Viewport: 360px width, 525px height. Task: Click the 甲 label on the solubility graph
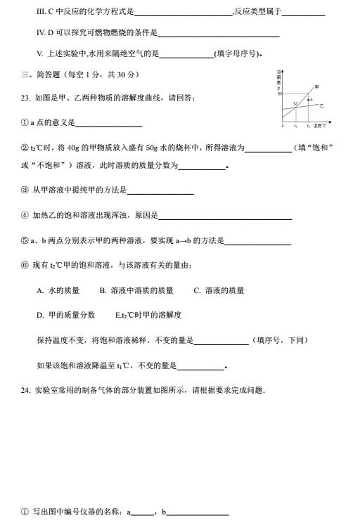click(316, 86)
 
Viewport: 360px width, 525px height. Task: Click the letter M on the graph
click(295, 103)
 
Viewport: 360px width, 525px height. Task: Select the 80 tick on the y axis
click(279, 93)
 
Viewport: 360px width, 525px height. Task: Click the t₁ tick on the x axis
click(296, 126)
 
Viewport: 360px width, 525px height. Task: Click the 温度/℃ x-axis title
click(319, 126)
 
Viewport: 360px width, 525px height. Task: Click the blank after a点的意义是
click(108, 123)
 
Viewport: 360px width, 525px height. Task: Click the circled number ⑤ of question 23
click(25, 241)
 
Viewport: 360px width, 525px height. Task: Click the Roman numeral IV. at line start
click(41, 32)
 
